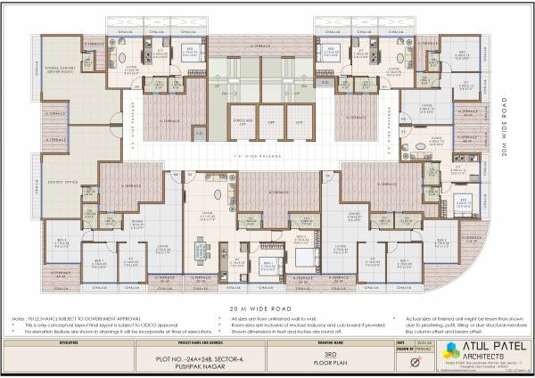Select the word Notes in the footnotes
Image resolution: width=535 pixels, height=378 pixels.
click(x=19, y=316)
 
